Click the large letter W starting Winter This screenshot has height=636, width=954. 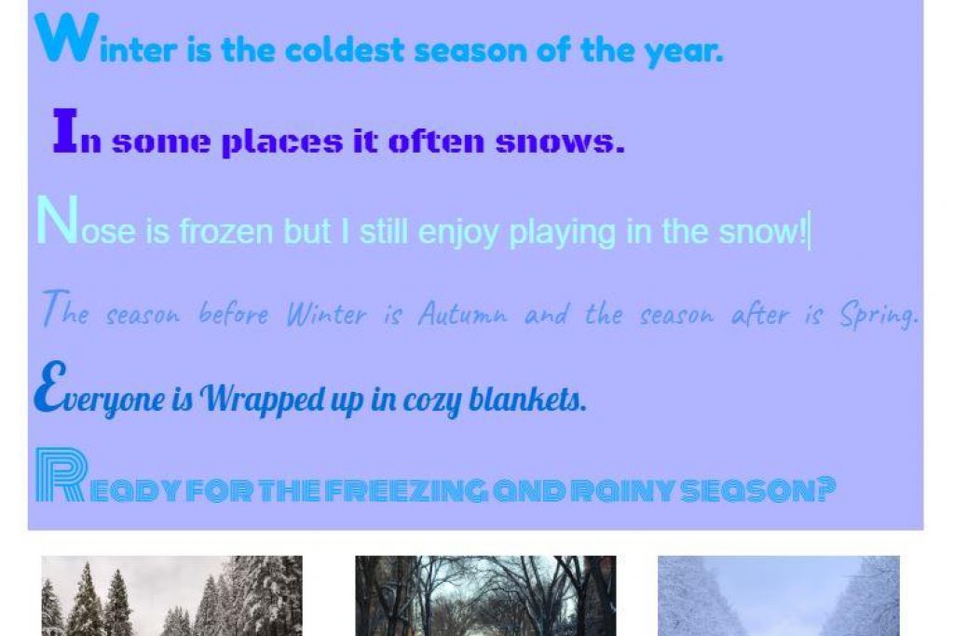[66, 37]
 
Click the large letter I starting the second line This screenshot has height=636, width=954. [66, 129]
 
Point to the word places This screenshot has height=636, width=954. [281, 142]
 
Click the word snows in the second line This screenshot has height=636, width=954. [560, 142]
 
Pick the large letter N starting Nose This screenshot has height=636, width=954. [57, 220]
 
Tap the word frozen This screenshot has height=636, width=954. [225, 232]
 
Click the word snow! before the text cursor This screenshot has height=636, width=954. [762, 232]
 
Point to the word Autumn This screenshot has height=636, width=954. [462, 314]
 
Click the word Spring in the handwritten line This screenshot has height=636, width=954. [879, 316]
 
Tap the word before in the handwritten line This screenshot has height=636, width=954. [234, 314]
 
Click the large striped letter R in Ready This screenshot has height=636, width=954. [61, 475]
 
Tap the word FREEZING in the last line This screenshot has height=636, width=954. [406, 491]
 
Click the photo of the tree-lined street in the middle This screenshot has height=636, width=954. [485, 596]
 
